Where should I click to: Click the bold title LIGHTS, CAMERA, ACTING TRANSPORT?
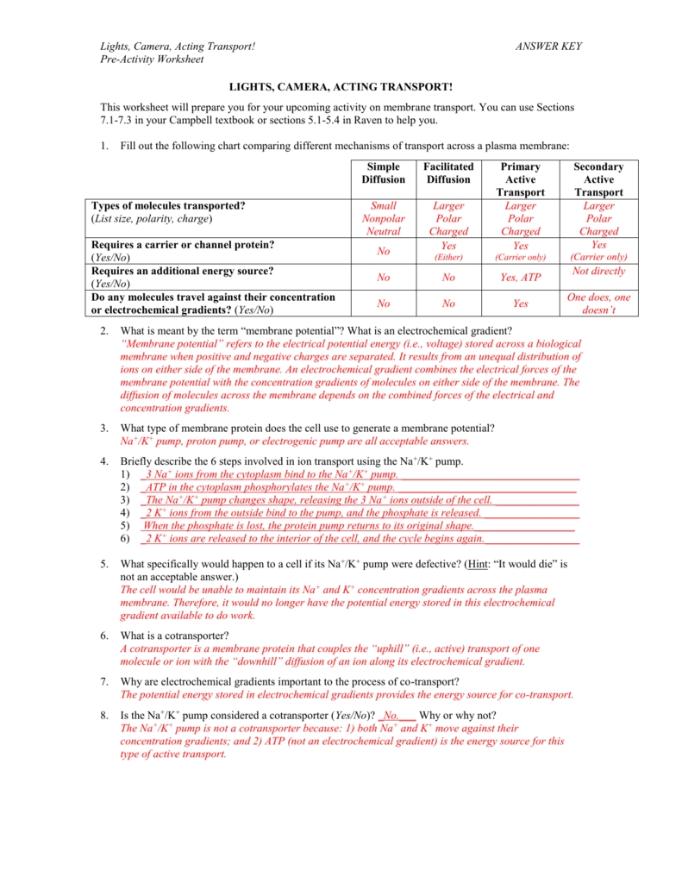click(x=340, y=88)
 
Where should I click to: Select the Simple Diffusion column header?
click(x=383, y=173)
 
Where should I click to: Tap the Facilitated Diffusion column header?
click(x=448, y=173)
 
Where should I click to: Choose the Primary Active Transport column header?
click(x=520, y=179)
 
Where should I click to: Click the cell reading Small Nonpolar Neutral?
click(x=383, y=219)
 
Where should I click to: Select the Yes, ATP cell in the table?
click(x=520, y=278)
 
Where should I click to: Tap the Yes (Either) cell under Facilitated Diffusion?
click(x=448, y=251)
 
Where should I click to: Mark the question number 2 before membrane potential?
click(x=103, y=332)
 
